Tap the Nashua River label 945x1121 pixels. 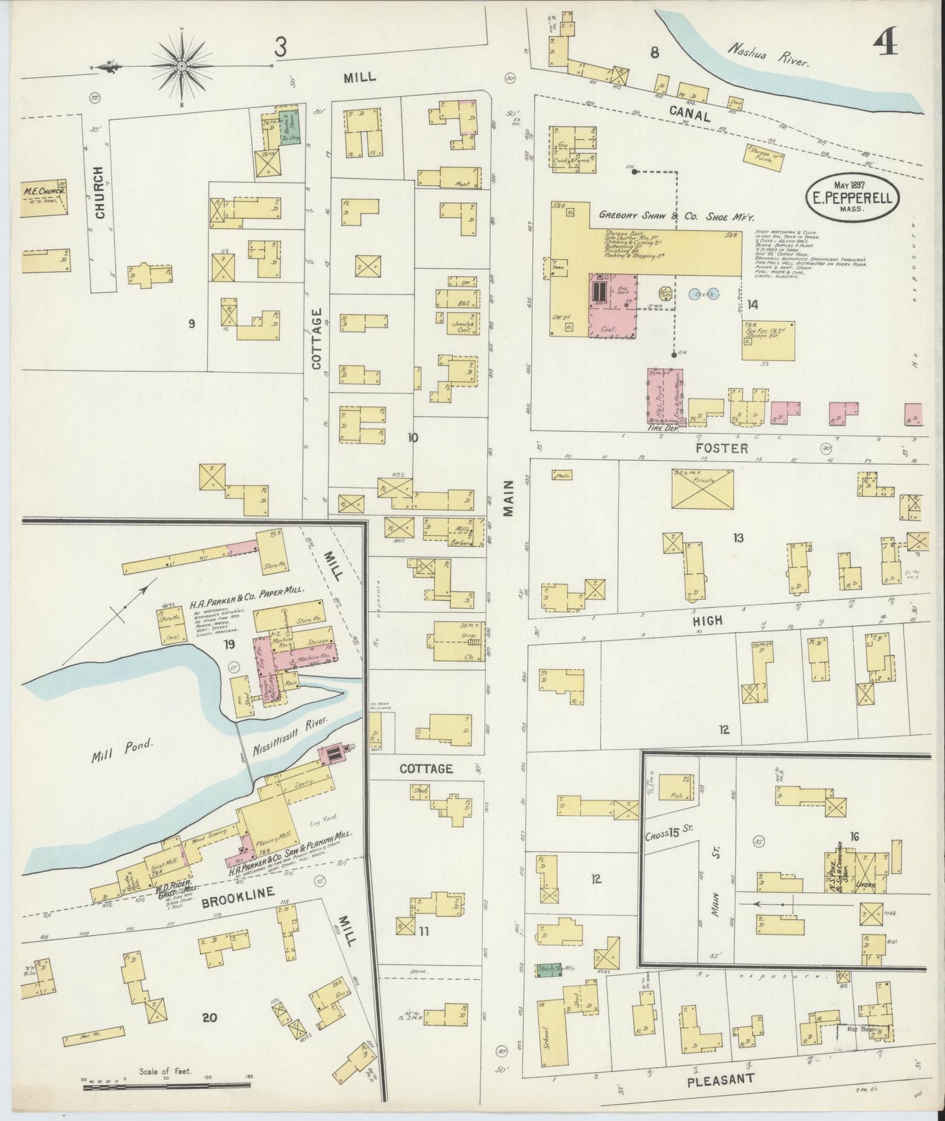click(x=770, y=56)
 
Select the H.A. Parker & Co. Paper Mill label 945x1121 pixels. click(x=247, y=589)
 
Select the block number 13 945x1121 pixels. click(x=738, y=538)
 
